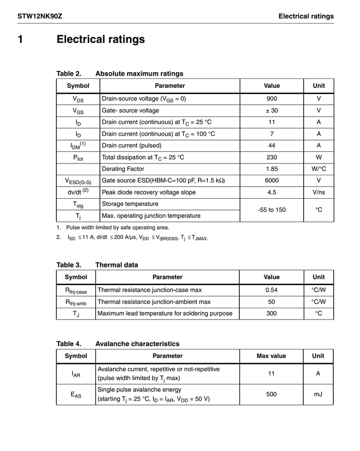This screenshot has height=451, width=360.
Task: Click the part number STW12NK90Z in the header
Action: point(40,16)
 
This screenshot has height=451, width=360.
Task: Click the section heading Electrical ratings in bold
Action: point(100,39)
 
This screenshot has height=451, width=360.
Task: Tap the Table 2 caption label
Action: point(69,73)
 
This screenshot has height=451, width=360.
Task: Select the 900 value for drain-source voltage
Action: point(271,99)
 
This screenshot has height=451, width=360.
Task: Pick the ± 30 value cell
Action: point(271,110)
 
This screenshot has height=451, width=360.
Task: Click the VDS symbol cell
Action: point(78,99)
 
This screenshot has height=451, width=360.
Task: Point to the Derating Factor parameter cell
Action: point(123,169)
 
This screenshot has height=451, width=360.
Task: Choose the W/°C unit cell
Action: point(318,169)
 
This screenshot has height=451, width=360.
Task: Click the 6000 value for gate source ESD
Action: point(271,180)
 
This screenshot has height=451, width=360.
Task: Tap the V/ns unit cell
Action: point(318,192)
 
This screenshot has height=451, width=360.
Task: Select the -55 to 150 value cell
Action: point(271,210)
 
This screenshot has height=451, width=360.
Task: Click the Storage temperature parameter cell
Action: point(130,204)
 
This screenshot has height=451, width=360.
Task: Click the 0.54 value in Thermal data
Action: point(271,290)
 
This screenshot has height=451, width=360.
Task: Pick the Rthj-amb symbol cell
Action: point(76,302)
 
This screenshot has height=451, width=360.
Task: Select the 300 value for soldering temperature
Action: point(271,313)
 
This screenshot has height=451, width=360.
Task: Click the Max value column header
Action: point(271,356)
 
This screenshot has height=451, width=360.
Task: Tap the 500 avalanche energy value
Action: point(271,394)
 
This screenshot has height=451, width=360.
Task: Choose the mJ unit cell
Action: point(318,394)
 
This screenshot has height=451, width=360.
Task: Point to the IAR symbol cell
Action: point(76,374)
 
